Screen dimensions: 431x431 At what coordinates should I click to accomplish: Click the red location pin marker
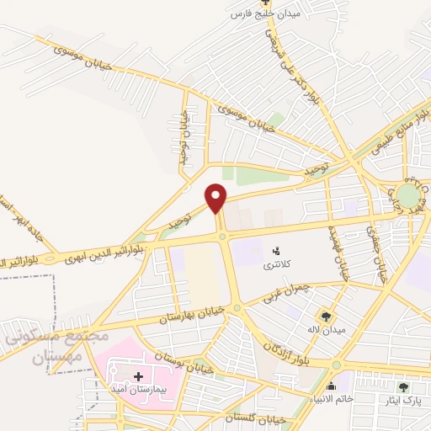216,197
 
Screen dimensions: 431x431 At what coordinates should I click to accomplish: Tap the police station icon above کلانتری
274,249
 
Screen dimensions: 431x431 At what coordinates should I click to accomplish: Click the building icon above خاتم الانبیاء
331,387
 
